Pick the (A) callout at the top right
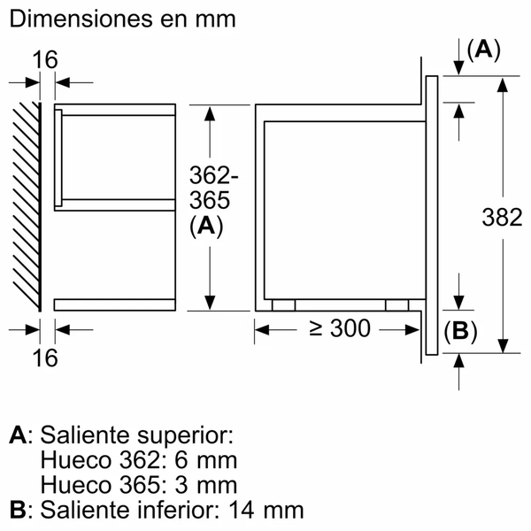pos(483,50)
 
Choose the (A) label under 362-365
pos(205,226)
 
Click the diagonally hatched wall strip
pos(27,204)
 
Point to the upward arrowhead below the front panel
pos(459,361)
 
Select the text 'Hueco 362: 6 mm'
pos(139,460)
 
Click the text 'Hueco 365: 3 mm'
pos(139,485)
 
